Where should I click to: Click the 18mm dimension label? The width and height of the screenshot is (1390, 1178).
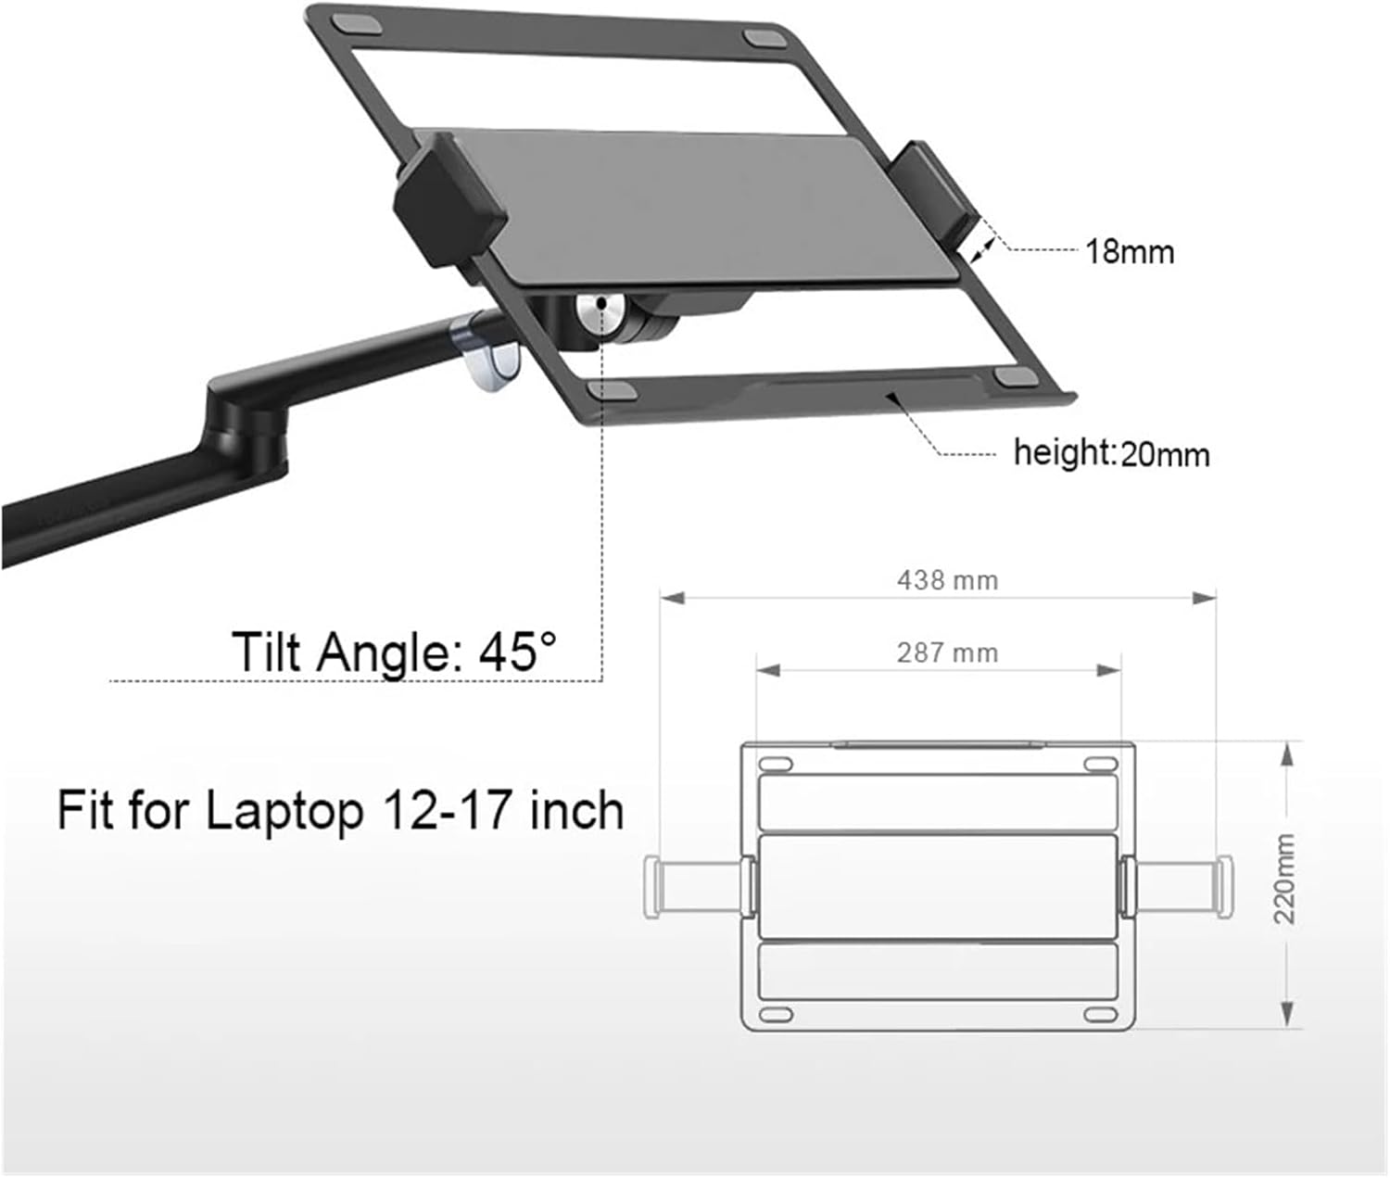[x=1129, y=251]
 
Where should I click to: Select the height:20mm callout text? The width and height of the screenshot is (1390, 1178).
[x=1111, y=453]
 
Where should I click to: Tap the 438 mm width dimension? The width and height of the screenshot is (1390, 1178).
[x=947, y=580]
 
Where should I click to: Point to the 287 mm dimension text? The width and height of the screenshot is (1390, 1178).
[x=947, y=652]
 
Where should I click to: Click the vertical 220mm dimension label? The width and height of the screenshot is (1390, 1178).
[x=1284, y=878]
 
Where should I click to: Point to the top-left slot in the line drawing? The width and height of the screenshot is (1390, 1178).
[x=775, y=764]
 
